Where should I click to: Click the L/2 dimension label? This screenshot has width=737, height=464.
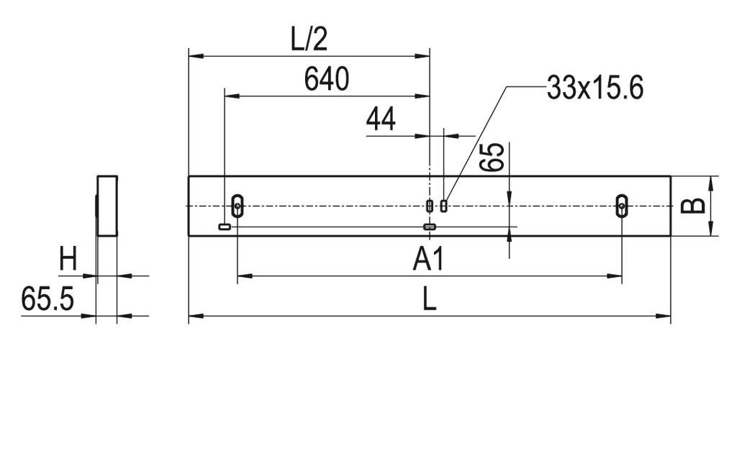[x=309, y=40]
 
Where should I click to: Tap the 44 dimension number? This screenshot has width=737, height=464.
[x=381, y=119]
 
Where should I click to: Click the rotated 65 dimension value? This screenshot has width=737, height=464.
[x=492, y=157]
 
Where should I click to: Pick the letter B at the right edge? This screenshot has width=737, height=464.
[x=692, y=206]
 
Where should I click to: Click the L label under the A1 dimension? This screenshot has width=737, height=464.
[x=429, y=300]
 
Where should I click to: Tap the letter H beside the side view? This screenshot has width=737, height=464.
[x=68, y=260]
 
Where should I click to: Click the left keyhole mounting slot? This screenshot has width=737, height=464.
[x=238, y=206]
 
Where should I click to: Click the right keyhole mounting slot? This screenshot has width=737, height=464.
[x=621, y=206]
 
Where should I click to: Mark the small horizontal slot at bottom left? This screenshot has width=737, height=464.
[x=225, y=227]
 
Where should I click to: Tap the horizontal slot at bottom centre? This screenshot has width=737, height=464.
[x=430, y=227]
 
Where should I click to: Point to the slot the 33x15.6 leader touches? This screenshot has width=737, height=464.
[x=444, y=206]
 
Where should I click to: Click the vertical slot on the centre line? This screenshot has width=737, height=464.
[x=430, y=206]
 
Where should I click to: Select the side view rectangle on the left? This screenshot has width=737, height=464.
[x=107, y=206]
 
